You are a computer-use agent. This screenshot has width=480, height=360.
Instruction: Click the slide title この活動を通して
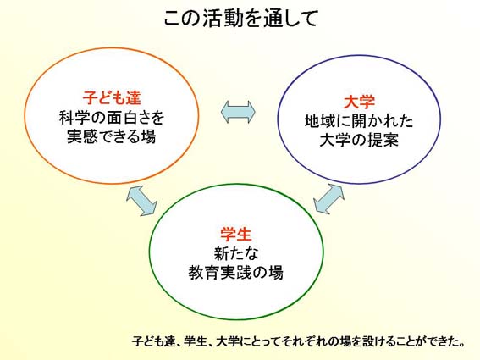pyautogui.click(x=241, y=19)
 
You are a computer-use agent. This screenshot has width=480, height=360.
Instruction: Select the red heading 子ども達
pyautogui.click(x=112, y=97)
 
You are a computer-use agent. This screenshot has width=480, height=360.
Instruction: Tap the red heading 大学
pyautogui.click(x=359, y=102)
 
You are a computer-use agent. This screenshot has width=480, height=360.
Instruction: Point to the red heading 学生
pyautogui.click(x=235, y=235)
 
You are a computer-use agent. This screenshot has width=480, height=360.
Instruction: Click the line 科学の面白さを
pyautogui.click(x=112, y=118)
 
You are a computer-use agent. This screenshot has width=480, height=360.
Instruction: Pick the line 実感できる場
pyautogui.click(x=112, y=136)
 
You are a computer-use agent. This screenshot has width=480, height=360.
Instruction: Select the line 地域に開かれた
pyautogui.click(x=359, y=121)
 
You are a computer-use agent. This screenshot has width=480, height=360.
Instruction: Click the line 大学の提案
pyautogui.click(x=359, y=141)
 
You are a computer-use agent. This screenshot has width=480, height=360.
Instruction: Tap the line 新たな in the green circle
pyautogui.click(x=235, y=253)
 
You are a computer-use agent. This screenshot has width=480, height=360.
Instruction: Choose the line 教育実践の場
pyautogui.click(x=235, y=273)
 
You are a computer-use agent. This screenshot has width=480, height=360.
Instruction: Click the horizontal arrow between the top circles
pyautogui.click(x=238, y=112)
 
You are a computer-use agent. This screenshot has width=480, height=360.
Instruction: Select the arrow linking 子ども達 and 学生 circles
pyautogui.click(x=141, y=201)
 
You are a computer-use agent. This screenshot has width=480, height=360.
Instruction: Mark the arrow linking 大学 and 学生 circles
pyautogui.click(x=329, y=199)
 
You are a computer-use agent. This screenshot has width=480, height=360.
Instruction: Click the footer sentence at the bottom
pyautogui.click(x=299, y=341)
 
